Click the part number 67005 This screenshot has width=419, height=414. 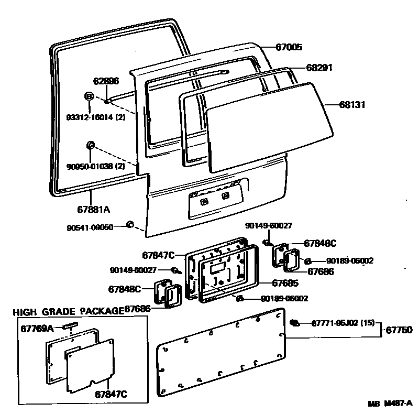289,47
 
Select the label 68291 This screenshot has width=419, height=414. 319,68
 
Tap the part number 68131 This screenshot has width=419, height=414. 350,105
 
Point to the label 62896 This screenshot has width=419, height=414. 106,81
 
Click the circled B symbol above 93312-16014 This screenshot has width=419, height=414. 89,96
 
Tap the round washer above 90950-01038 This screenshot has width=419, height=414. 90,145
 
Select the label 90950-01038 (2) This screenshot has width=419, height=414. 96,166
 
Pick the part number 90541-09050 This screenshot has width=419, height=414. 90,227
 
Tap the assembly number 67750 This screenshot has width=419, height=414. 400,330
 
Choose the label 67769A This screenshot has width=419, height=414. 37,328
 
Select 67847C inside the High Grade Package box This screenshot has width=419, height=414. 112,394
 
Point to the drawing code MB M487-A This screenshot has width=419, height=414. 390,403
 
